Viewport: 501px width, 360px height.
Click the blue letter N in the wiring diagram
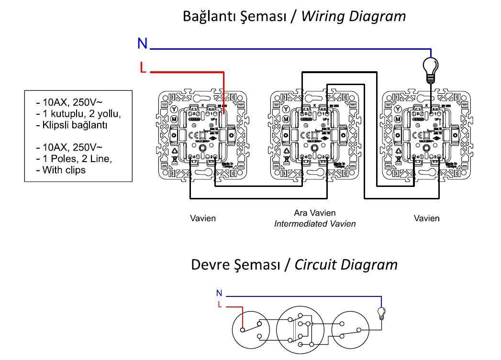pos(142,44)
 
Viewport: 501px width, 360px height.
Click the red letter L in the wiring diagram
pos(143,68)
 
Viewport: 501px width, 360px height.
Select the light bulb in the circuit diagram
pos(381,313)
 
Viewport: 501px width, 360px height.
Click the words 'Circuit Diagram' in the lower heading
pos(346,264)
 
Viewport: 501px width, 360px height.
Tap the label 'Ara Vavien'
pos(315,213)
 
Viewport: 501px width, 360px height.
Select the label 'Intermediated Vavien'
pos(315,224)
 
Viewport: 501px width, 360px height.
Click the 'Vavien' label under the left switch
pos(203,218)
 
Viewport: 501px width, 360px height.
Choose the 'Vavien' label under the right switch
pos(426,218)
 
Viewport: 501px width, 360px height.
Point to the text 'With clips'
pos(64,170)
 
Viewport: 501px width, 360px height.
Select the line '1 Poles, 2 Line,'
pos(77,158)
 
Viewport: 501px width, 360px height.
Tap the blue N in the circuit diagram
pos(219,293)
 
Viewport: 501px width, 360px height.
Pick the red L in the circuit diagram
pos(220,305)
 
